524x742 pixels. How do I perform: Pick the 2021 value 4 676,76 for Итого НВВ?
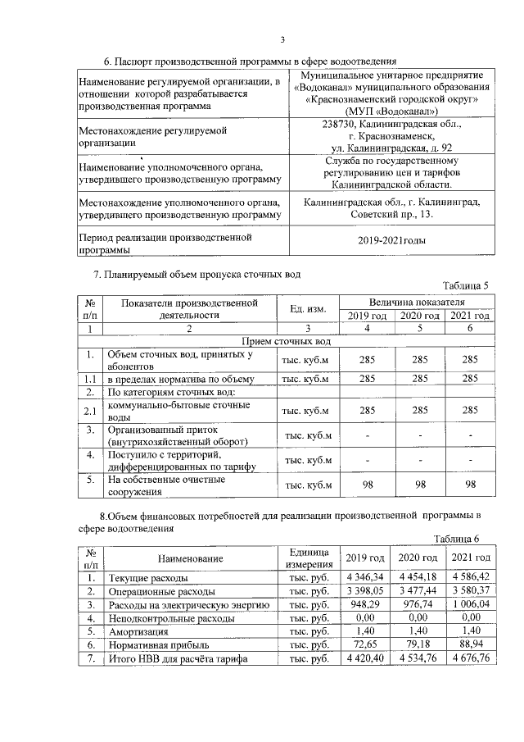tap(471, 658)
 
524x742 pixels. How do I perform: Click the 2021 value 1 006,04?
tap(471, 604)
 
